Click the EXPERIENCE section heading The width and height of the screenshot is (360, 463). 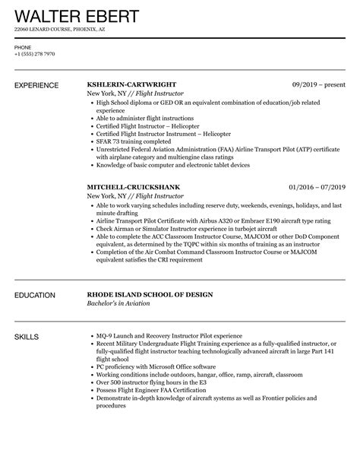coord(38,85)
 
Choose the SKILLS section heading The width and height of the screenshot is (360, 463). coord(28,335)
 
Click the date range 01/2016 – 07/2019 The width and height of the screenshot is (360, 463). coord(317,186)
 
